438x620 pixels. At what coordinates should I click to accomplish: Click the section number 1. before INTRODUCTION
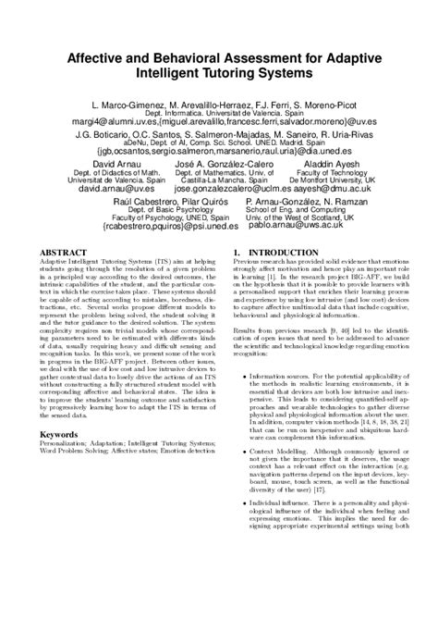click(x=237, y=253)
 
